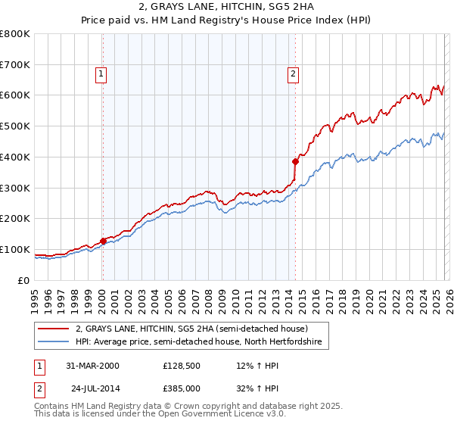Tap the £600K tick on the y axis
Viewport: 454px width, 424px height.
pos(15,95)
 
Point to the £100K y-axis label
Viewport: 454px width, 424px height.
pos(15,249)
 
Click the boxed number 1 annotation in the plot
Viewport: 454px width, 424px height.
pos(101,73)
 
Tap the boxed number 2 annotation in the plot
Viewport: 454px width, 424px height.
pos(292,73)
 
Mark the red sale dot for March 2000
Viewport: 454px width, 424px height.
pos(103,242)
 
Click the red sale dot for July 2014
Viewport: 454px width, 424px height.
pos(295,161)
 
